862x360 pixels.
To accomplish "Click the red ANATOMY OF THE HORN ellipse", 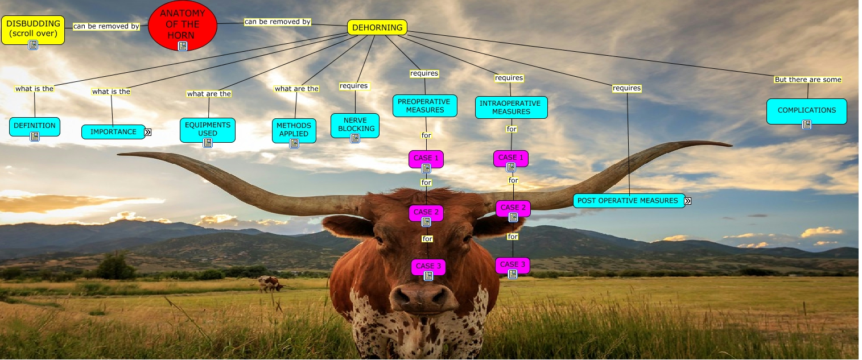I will [x=183, y=25].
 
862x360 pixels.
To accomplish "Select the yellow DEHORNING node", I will [x=377, y=27].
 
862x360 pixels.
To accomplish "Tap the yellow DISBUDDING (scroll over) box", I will [x=32, y=28].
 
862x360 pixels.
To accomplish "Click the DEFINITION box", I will [x=35, y=126].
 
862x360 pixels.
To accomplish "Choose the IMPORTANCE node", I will [x=113, y=132].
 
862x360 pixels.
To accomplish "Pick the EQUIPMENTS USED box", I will [x=208, y=129].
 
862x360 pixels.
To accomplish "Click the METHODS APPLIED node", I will [x=294, y=129].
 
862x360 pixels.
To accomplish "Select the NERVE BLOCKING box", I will [x=354, y=124].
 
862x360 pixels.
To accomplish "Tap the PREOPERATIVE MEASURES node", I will [x=424, y=105].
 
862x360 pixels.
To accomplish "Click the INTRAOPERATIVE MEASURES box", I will [x=511, y=107].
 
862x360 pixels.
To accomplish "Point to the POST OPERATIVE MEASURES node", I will [x=628, y=200].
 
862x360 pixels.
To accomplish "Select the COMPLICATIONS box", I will [x=806, y=110].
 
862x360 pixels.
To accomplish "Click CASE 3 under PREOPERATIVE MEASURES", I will [x=428, y=266].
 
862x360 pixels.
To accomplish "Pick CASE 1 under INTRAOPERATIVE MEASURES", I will [x=510, y=158].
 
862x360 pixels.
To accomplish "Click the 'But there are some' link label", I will [x=807, y=80].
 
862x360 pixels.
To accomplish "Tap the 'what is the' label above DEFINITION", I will [x=34, y=89].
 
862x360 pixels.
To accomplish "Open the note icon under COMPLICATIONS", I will [x=806, y=124].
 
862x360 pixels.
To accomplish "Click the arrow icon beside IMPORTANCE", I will [x=147, y=132].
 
